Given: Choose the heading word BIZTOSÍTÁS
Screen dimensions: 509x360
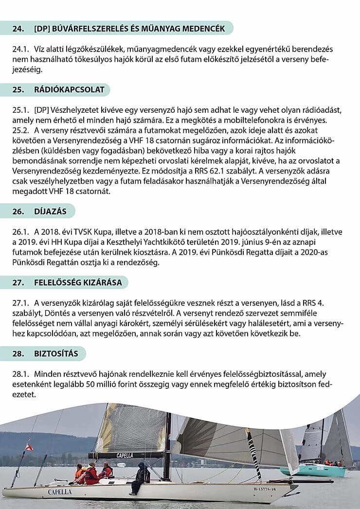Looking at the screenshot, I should pyautogui.click(x=56, y=353).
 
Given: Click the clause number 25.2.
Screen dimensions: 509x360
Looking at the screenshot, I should pyautogui.click(x=21, y=130).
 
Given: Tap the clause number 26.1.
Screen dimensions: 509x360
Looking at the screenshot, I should pyautogui.click(x=21, y=231).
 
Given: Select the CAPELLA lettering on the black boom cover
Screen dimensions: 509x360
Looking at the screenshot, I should pyautogui.click(x=125, y=456).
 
